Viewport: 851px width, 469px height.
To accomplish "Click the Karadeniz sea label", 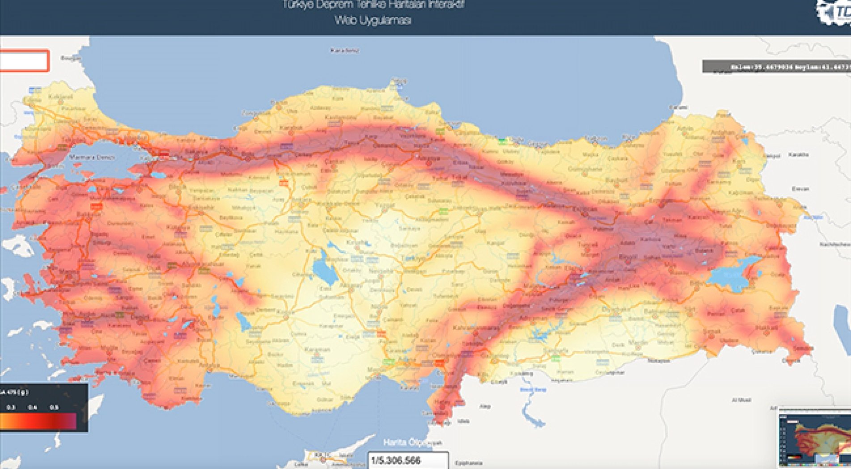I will click(x=344, y=51).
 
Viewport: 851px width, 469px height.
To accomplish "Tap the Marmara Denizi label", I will click(x=93, y=158).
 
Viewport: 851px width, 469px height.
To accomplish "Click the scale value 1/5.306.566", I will click(x=396, y=460).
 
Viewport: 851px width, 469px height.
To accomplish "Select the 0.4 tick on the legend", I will click(x=32, y=407).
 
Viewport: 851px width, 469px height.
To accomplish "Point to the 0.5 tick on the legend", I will click(x=54, y=407).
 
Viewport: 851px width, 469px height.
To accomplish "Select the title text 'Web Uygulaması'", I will click(x=373, y=20).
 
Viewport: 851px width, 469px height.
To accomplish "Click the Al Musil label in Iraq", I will click(x=741, y=400).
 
